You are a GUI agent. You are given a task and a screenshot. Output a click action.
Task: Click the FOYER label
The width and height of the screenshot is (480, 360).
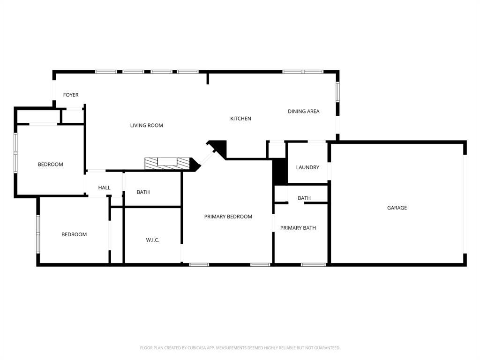tap(71, 95)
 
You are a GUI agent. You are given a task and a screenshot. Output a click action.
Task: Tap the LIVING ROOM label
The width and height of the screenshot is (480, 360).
tap(147, 125)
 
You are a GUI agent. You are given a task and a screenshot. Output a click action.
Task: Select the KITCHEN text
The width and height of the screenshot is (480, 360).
tap(240, 119)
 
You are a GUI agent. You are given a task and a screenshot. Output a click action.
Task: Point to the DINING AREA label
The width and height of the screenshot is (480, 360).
tap(303, 112)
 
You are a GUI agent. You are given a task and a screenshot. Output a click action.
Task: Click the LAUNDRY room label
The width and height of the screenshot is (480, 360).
tap(307, 167)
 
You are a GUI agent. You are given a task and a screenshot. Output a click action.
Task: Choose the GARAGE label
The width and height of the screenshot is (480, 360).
tap(397, 208)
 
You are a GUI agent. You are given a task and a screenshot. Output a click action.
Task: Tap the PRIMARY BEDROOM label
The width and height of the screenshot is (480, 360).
tap(228, 217)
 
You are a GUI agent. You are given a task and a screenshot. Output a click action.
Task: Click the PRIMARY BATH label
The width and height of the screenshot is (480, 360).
tap(298, 228)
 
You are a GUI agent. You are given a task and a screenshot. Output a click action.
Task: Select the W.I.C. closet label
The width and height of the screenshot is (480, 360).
tap(153, 240)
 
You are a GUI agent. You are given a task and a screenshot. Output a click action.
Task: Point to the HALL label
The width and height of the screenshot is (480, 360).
tap(105, 187)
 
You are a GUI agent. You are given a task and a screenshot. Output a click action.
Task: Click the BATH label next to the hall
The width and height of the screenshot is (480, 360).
tap(143, 192)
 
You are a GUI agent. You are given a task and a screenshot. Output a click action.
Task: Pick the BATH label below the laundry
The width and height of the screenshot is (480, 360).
tap(304, 198)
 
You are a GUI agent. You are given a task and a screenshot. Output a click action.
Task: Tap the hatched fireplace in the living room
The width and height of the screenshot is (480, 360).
tap(167, 163)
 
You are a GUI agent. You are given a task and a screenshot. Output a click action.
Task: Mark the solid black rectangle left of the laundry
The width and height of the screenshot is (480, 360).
tap(280, 172)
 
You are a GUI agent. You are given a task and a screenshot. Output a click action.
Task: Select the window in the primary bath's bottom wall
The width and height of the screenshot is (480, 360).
tap(313, 265)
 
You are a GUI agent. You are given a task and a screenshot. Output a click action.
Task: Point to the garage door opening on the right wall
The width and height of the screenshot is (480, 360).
tap(465, 204)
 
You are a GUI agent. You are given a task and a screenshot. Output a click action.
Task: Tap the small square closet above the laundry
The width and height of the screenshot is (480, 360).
tap(276, 150)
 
